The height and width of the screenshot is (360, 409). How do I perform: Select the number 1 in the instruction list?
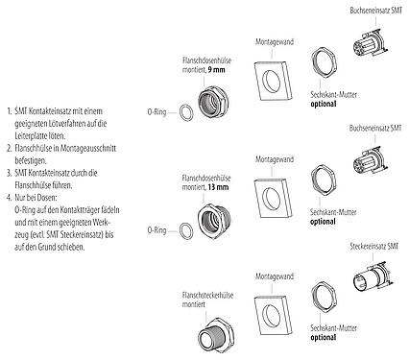point(7,112)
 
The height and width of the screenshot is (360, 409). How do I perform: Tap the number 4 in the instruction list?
point(7,195)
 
